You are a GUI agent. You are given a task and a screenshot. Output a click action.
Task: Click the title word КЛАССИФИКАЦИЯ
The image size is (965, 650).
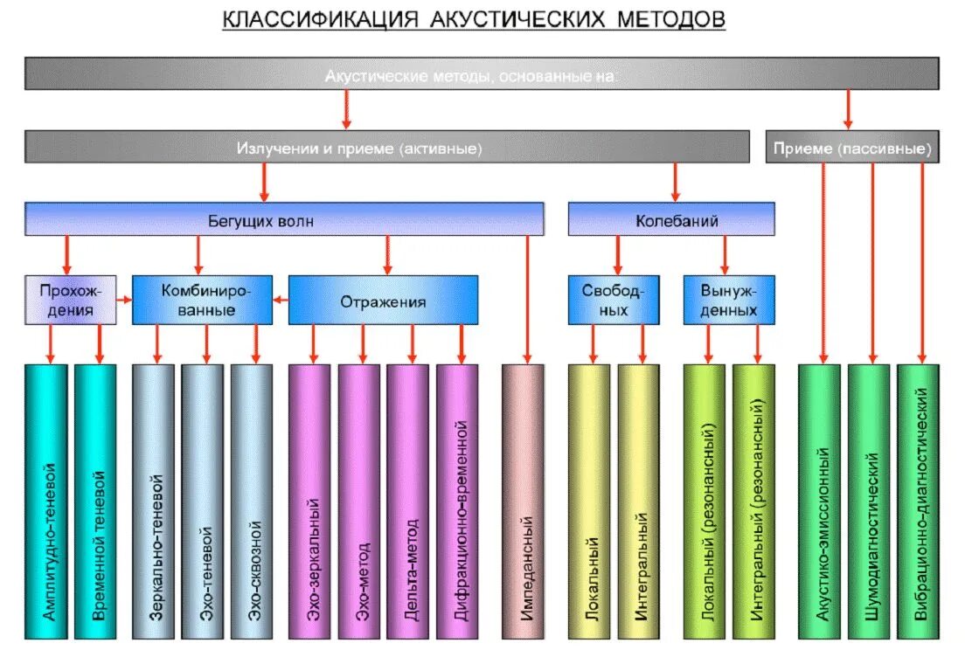tap(320, 19)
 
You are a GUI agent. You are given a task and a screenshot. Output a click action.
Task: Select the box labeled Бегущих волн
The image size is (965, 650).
tap(283, 220)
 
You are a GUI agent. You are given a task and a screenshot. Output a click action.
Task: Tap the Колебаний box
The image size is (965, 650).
tap(670, 220)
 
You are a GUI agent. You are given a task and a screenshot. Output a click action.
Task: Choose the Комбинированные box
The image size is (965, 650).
tap(201, 301)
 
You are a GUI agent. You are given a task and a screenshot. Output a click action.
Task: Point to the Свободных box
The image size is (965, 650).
tap(616, 301)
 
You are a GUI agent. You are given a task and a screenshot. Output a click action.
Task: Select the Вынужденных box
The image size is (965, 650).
tap(729, 301)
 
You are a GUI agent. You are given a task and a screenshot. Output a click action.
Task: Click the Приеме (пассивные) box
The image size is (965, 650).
tap(852, 148)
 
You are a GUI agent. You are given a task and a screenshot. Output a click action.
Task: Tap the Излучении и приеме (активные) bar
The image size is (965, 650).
tap(386, 148)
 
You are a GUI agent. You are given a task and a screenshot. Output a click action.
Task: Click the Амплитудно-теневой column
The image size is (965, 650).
tap(49, 502)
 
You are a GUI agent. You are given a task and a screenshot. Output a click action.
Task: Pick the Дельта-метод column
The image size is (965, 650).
tap(407, 502)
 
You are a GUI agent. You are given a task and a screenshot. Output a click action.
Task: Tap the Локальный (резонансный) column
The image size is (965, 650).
tap(705, 502)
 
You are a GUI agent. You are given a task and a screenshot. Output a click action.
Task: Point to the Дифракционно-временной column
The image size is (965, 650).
tap(457, 502)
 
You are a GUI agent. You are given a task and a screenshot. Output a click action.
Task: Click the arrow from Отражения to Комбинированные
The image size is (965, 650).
tap(281, 301)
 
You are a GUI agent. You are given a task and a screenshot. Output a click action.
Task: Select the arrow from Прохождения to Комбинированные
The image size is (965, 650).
tap(124, 301)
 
